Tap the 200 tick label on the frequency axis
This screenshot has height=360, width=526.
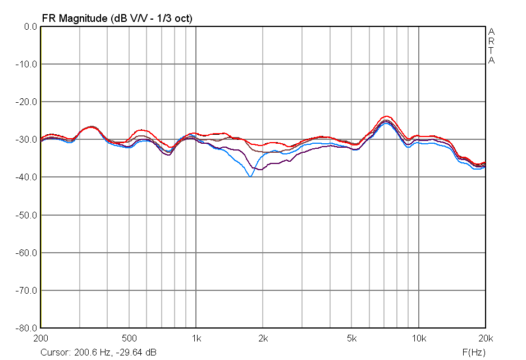(x=41, y=339)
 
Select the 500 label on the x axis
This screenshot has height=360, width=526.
(x=129, y=339)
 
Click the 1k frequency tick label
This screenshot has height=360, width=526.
(x=196, y=339)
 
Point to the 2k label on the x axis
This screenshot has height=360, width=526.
(x=263, y=339)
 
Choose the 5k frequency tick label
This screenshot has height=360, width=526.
(x=351, y=339)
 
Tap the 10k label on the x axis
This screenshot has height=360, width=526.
(x=418, y=339)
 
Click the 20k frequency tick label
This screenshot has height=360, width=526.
(x=485, y=339)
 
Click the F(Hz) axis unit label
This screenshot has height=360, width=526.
(x=473, y=352)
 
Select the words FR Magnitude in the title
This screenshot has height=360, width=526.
(x=73, y=18)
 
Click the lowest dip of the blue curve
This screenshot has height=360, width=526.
(x=250, y=176)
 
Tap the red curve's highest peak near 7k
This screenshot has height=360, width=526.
(x=386, y=116)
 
